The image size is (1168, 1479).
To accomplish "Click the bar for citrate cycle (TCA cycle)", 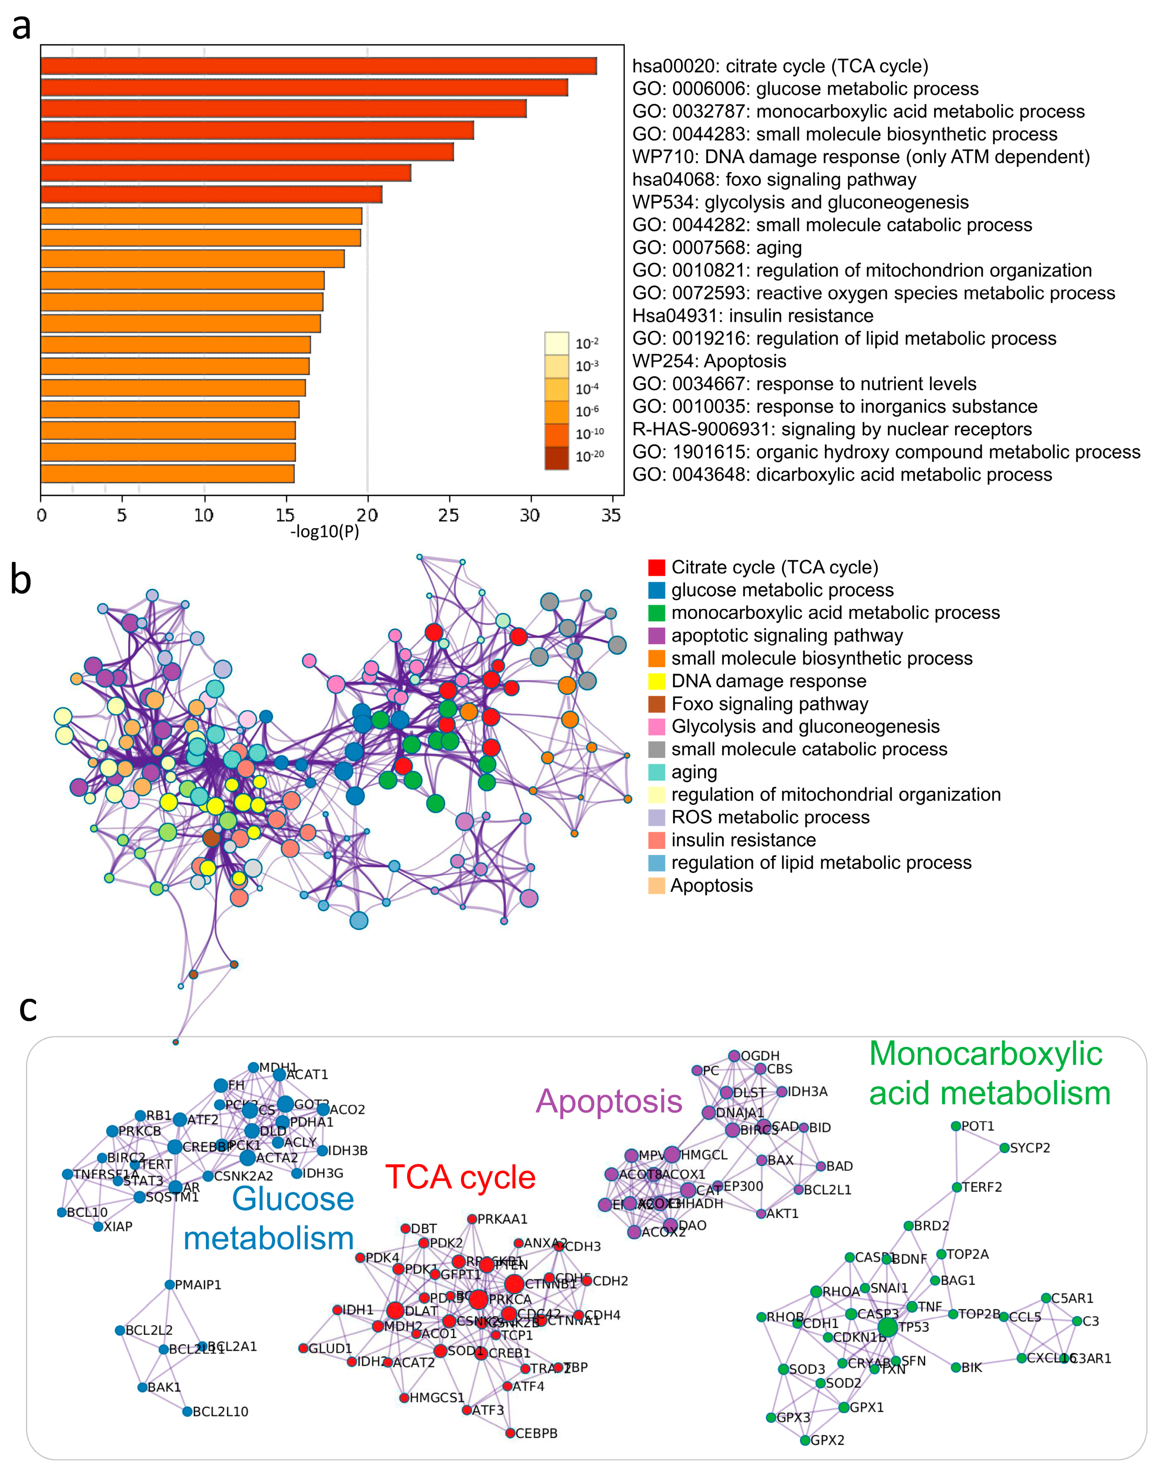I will (318, 65).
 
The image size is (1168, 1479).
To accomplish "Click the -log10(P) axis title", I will (325, 531).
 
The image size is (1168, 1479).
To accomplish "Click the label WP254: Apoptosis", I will (709, 361).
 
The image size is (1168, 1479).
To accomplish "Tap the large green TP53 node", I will (887, 1327).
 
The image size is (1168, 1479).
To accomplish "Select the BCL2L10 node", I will (187, 1411).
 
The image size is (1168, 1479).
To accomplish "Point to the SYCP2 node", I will (1004, 1148).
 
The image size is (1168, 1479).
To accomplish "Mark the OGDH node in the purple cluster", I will (734, 1056).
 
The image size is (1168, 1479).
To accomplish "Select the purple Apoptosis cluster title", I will (609, 1101).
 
